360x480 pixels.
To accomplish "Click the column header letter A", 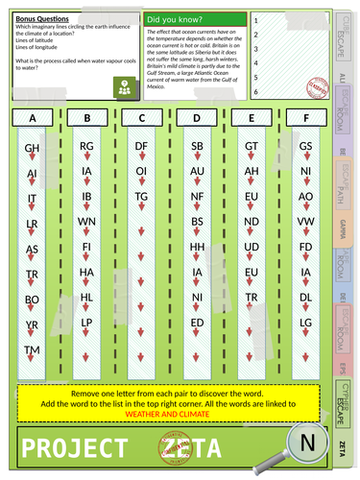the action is click(x=33, y=118).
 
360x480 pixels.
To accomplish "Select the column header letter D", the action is click(x=197, y=118).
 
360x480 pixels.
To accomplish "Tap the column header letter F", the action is click(x=306, y=118).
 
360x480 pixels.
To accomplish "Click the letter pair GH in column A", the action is click(x=32, y=149).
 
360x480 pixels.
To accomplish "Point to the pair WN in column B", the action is click(x=86, y=221).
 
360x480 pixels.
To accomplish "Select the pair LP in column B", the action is click(x=86, y=322).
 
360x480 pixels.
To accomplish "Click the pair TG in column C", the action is click(x=141, y=196).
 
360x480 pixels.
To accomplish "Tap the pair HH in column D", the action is click(x=197, y=246).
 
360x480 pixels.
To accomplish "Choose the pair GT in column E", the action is click(x=252, y=146).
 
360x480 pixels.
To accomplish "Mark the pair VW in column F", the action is click(x=306, y=221).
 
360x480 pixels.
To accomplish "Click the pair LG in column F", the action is click(x=306, y=322).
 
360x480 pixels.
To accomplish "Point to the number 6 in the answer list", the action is click(x=256, y=91).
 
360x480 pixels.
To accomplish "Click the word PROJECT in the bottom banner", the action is click(x=72, y=448).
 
